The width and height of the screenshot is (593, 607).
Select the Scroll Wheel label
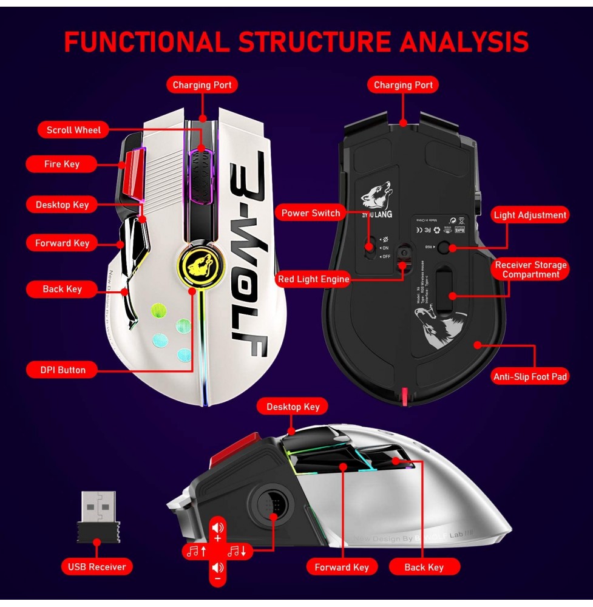coord(73,130)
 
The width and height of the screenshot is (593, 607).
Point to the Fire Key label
coord(61,164)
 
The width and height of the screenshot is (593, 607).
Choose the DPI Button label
coord(63,370)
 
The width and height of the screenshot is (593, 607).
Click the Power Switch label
coord(311,213)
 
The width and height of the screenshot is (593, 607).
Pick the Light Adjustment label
coord(530,215)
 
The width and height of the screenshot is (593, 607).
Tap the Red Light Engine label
coord(313,279)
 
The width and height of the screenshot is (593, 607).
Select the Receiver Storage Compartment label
coord(530,270)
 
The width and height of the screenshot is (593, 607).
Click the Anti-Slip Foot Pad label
coord(530,377)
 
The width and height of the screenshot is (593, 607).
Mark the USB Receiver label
coord(97,567)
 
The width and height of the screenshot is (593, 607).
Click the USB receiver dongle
coord(98,517)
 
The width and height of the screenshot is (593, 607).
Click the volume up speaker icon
coord(218,527)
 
